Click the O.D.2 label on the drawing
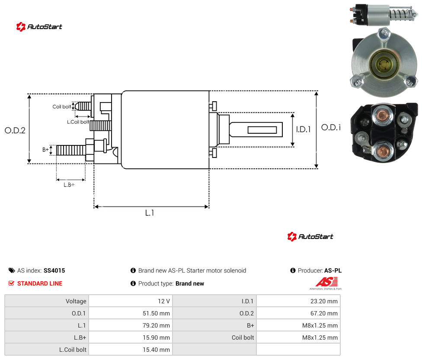coord(15,130)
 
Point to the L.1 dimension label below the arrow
coord(149,213)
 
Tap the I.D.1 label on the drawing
coord(303,129)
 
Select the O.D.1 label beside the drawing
coord(331,127)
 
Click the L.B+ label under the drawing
coord(69,185)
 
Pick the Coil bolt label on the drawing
coord(62,106)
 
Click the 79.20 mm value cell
coord(156,325)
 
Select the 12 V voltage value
coord(163,301)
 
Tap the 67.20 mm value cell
coord(324,313)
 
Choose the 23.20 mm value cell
coord(324,301)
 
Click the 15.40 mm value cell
coord(156,350)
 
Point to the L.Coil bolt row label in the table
coord(73,350)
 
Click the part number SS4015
coord(54,270)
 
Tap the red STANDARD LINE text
coord(40,283)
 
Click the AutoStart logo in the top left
coord(39,27)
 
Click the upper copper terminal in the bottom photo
coord(382,116)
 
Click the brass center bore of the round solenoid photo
coord(383,64)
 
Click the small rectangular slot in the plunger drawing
coord(262,130)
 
